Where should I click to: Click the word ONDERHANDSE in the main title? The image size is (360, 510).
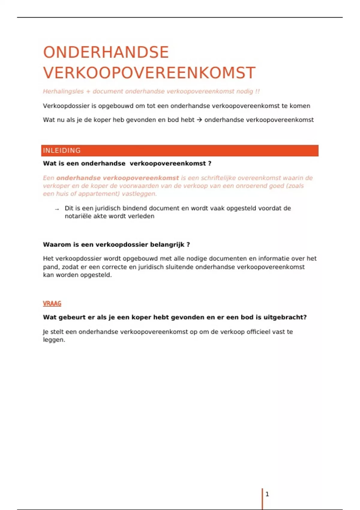(106, 52)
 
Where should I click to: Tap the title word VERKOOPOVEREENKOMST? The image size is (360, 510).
(149, 73)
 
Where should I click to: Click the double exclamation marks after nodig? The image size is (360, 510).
(257, 91)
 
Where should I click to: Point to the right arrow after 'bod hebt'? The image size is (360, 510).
(199, 120)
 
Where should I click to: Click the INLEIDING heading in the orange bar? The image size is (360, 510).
(62, 151)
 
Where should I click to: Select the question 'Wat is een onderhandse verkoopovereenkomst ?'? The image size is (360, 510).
(127, 163)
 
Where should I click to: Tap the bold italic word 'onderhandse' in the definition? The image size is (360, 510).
(78, 178)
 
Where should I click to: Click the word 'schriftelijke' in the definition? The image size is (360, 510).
(219, 178)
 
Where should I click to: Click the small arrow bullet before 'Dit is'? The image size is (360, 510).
(57, 209)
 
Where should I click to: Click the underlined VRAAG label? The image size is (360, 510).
(52, 304)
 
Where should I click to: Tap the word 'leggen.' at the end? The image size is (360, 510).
(54, 340)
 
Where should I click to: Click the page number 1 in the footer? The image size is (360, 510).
(267, 494)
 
